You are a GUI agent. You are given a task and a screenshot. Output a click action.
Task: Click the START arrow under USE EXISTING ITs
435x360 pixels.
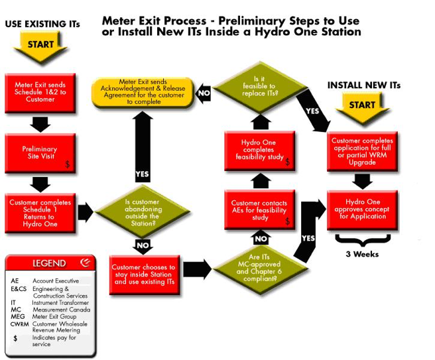click(x=39, y=45)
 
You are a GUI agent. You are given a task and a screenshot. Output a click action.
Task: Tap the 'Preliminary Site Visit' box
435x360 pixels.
click(x=39, y=152)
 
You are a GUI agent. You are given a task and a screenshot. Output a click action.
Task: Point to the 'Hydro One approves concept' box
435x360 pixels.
click(x=362, y=208)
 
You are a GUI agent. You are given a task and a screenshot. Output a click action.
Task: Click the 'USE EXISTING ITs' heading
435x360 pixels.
click(x=42, y=25)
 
